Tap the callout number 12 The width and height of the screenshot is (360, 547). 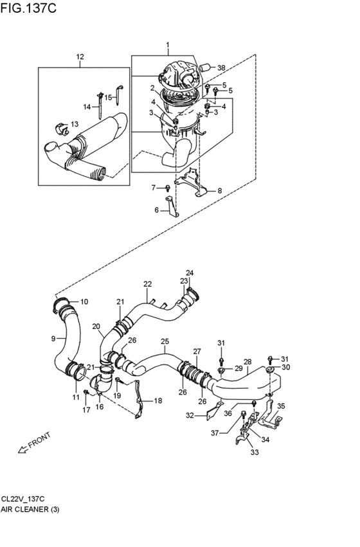click(x=80, y=57)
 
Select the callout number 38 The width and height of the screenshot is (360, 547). click(x=221, y=67)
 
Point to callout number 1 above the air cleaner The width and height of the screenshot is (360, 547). click(x=168, y=46)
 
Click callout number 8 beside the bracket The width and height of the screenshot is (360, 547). click(x=219, y=191)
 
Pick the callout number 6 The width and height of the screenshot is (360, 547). click(x=156, y=210)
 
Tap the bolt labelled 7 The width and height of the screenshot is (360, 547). click(x=167, y=188)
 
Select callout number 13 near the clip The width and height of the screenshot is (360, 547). click(x=75, y=124)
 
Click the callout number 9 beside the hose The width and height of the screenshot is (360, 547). click(x=53, y=338)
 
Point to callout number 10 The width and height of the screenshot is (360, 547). click(x=84, y=301)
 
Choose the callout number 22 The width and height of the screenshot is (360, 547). click(x=147, y=283)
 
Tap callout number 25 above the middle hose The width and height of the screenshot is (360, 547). click(x=165, y=341)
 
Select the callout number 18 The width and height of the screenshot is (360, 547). click(x=158, y=400)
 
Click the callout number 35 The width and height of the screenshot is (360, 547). click(x=280, y=406)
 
